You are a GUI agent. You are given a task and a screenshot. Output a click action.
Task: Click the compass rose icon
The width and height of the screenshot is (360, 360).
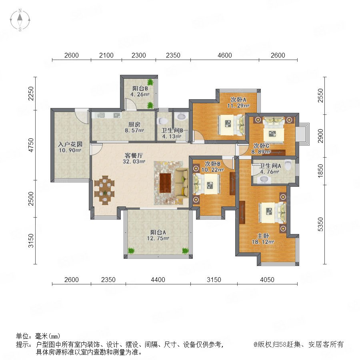coord(20,20)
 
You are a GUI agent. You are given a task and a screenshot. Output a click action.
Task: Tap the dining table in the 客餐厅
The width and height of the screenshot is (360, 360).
coord(105,190)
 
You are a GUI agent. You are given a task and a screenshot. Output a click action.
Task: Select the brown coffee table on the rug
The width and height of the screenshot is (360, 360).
coord(165,183)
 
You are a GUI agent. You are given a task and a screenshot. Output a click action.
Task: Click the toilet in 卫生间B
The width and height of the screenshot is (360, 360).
coord(163,121)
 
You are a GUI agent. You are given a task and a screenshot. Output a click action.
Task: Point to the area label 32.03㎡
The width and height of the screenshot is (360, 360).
coord(134,162)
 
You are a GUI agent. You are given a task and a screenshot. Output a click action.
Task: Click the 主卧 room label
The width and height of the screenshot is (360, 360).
coord(263,236)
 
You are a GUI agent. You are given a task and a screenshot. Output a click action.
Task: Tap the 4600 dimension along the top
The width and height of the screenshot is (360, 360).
coord(225,55)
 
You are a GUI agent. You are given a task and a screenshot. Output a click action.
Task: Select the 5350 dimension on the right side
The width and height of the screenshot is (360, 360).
coord(320,224)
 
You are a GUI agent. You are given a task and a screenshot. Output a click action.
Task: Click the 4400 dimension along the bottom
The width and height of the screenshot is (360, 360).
coord(158,280)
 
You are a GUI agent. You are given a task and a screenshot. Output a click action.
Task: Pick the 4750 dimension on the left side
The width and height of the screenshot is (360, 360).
coord(31,145)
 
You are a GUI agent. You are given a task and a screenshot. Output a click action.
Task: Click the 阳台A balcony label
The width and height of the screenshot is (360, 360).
coord(158,232)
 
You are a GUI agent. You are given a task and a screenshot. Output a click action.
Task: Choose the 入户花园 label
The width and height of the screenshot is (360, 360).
coord(70,144)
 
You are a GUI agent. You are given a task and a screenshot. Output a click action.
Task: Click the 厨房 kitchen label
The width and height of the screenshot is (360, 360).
coord(134,124)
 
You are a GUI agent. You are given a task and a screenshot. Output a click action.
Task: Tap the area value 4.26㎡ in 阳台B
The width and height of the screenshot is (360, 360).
coord(140,94)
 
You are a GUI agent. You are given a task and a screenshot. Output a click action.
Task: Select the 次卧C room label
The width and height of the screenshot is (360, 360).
coord(261,146)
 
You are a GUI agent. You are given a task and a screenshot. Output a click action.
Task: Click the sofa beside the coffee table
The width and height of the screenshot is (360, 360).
coord(181,182)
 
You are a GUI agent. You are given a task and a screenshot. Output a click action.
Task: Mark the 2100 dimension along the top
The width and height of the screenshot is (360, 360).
coord(106,55)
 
